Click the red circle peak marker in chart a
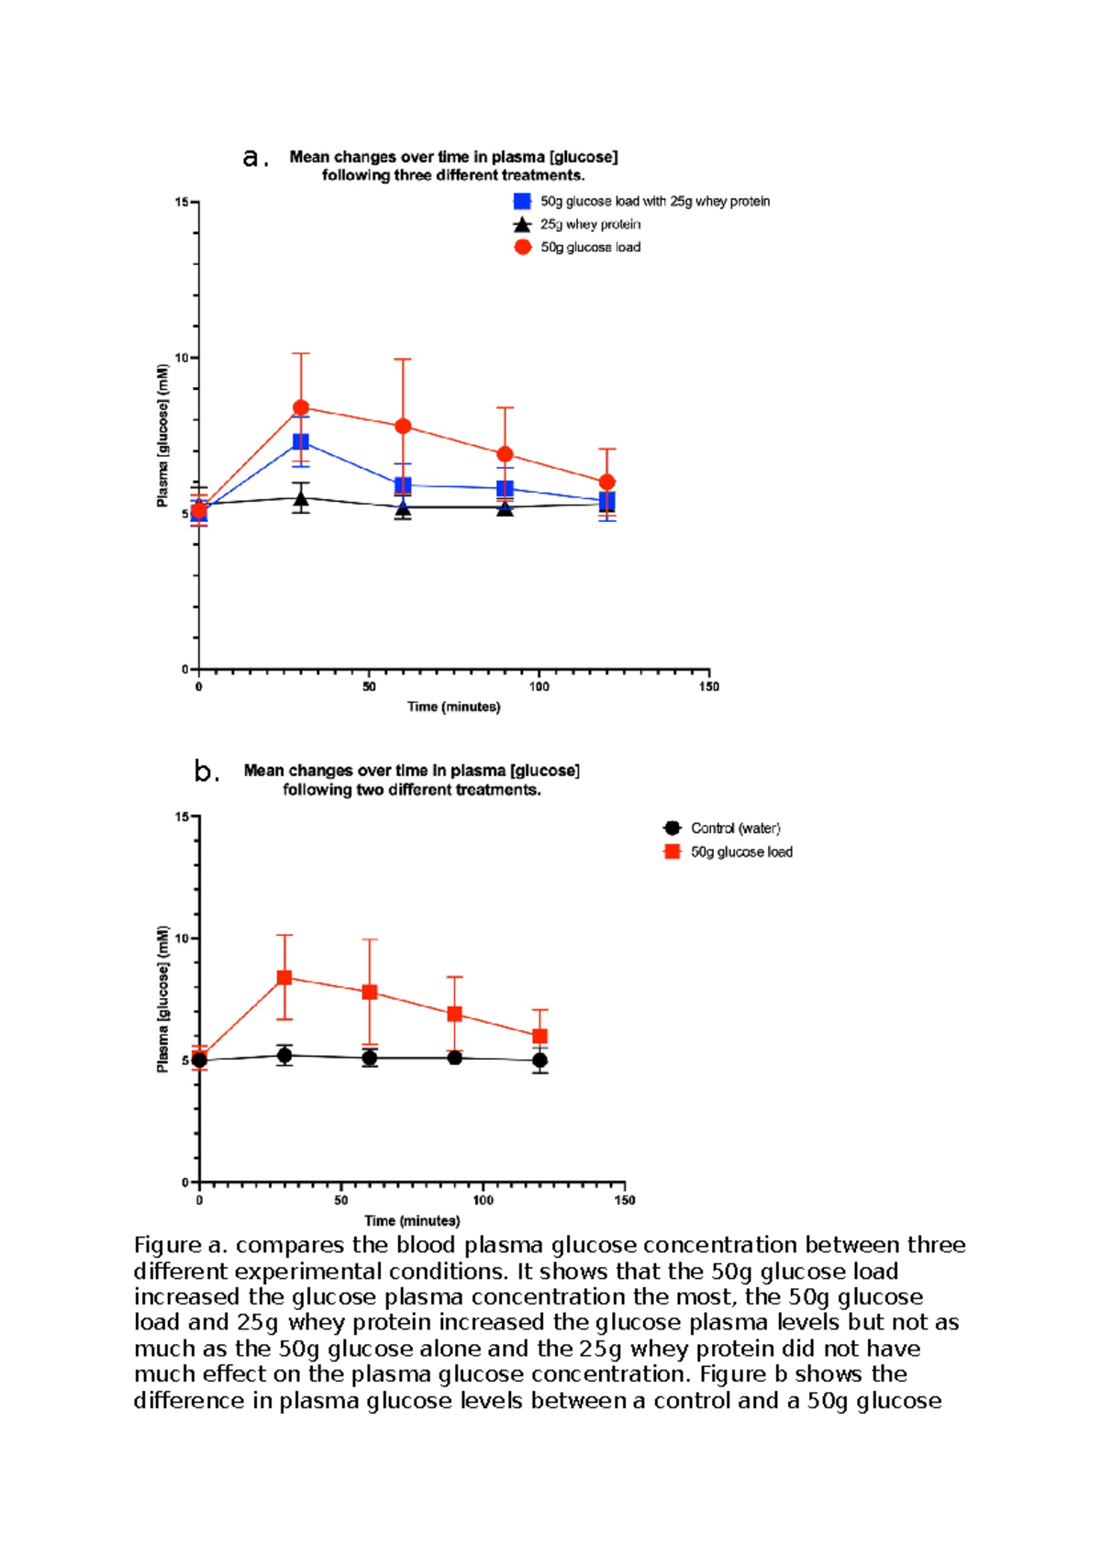(x=301, y=407)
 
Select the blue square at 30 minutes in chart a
(x=300, y=442)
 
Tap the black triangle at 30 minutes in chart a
(x=301, y=499)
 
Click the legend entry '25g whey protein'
(x=590, y=225)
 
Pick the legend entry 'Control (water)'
(x=735, y=828)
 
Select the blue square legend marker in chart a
(x=522, y=202)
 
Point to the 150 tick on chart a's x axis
(x=709, y=686)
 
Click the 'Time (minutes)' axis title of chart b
(x=412, y=1220)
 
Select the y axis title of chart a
(x=163, y=436)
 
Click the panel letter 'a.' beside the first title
(x=255, y=159)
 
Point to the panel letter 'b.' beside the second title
(x=206, y=772)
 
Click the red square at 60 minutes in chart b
(x=370, y=992)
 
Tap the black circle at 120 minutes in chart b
(x=539, y=1061)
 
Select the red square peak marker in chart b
(x=284, y=978)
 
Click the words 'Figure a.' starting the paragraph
(x=180, y=1246)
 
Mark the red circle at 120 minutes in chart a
(x=606, y=483)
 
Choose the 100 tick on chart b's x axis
(x=483, y=1200)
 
